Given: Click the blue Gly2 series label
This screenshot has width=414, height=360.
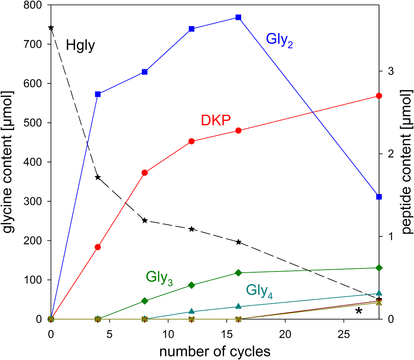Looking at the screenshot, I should click(x=279, y=40).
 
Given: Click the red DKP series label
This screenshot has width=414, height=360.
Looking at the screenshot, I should click(x=216, y=120).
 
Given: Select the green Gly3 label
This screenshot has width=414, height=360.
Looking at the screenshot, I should click(x=159, y=278).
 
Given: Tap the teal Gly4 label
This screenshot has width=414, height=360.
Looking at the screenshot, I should click(x=259, y=291).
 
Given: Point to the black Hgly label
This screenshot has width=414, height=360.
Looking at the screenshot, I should click(x=80, y=46).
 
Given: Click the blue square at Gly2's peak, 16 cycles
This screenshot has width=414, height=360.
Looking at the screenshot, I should click(x=238, y=17).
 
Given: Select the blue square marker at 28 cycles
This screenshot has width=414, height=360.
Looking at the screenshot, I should click(x=379, y=197).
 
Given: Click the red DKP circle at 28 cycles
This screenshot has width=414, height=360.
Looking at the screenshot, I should click(x=379, y=96).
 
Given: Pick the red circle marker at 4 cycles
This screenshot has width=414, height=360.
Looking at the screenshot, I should click(x=98, y=247).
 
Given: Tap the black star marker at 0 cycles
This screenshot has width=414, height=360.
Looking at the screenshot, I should click(x=51, y=28).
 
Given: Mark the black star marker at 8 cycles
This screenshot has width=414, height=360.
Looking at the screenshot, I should click(x=145, y=221).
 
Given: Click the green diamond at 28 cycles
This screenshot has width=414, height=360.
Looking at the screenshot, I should click(x=379, y=268).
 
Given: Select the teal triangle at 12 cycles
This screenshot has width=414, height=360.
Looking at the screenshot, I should click(x=191, y=311).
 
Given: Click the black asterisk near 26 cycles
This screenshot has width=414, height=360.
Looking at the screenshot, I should click(x=358, y=311).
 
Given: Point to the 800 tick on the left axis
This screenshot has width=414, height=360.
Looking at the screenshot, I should click(x=33, y=5).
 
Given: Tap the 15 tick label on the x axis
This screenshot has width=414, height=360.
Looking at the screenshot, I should click(x=227, y=335).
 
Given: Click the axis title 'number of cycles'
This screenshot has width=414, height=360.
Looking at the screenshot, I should click(x=215, y=352).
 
